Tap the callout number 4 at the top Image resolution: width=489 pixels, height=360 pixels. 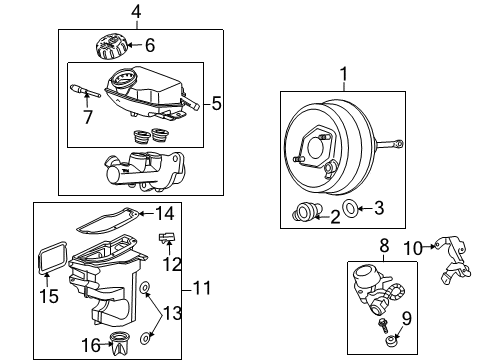pos(136,13)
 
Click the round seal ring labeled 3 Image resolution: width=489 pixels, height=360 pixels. pos(351,208)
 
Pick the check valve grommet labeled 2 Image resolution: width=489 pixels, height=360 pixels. pos(304,212)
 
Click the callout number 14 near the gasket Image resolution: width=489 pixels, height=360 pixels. pos(165,212)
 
